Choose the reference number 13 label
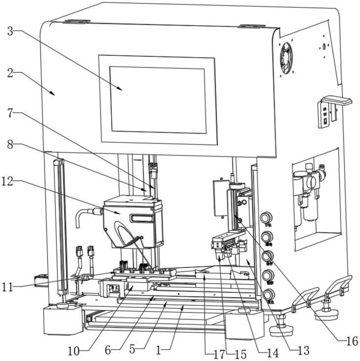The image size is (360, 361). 304,350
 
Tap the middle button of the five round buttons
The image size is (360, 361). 267,256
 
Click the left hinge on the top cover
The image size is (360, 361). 76,22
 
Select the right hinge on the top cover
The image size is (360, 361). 251,26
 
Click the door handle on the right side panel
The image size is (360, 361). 337,100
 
